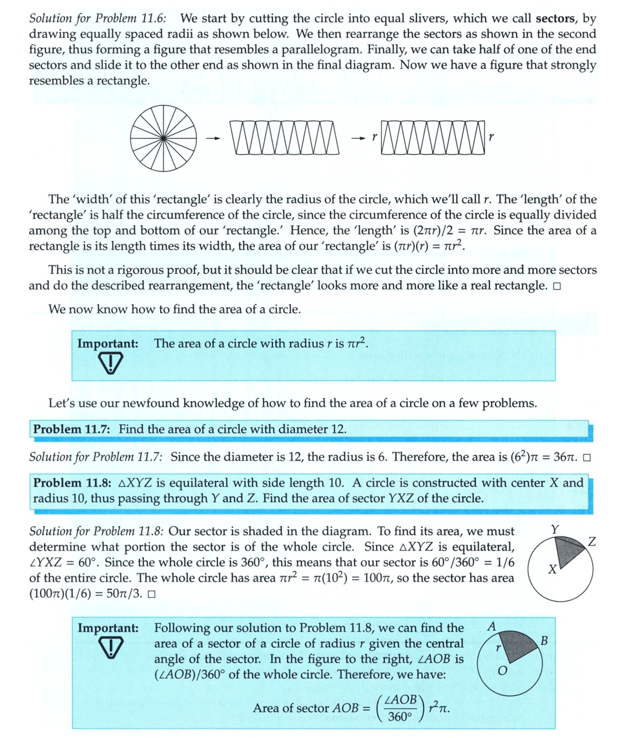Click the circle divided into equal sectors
pyautogui.click(x=163, y=138)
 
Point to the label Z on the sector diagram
pyautogui.click(x=592, y=542)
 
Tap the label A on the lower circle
pyautogui.click(x=492, y=626)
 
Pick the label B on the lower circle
pyautogui.click(x=544, y=641)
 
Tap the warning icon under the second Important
pyautogui.click(x=111, y=648)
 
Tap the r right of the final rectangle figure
pyautogui.click(x=492, y=138)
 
